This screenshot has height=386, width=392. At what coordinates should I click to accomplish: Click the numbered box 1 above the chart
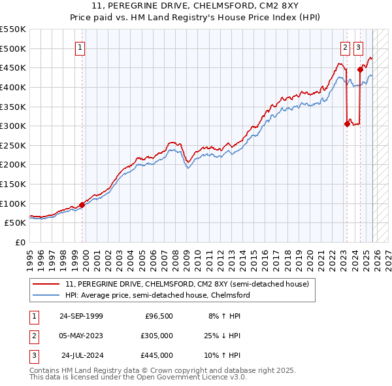(80, 47)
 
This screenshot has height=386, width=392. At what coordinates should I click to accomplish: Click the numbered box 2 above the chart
(344, 47)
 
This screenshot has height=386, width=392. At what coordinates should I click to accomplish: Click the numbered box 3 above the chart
(359, 47)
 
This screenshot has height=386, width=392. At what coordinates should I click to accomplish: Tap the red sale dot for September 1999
(82, 205)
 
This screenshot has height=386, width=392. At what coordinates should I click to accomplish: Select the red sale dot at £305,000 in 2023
(347, 124)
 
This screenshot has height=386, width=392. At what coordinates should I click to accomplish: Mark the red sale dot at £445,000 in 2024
(360, 69)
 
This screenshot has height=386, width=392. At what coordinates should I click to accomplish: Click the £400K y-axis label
(13, 87)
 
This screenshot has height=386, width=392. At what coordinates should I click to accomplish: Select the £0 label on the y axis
(20, 242)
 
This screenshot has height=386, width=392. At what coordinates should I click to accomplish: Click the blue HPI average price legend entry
(157, 295)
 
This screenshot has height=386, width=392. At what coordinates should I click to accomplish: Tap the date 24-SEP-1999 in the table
(81, 316)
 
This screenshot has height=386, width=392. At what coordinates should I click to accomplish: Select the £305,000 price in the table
(157, 336)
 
